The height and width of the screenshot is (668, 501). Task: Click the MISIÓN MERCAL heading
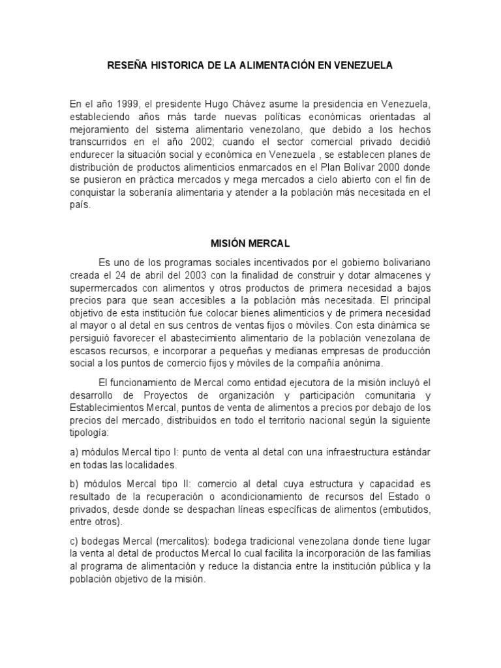[250, 243]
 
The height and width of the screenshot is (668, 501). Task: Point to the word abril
[149, 275]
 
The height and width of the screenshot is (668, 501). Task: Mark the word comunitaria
[382, 394]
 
